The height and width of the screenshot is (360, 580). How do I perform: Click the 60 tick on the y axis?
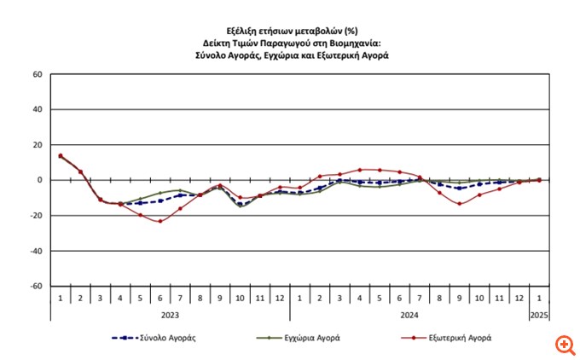[37, 74]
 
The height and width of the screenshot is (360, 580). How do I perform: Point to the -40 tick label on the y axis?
[35, 251]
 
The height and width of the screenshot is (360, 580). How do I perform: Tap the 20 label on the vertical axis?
[37, 145]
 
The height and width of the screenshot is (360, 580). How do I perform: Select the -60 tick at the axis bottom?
[35, 286]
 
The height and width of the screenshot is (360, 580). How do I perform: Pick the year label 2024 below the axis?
[409, 314]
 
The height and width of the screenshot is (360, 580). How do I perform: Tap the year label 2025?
[538, 314]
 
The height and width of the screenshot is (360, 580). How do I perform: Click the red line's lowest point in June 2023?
[159, 221]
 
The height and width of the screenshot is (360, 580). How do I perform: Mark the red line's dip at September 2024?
[460, 204]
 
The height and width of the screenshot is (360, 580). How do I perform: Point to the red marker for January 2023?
[61, 155]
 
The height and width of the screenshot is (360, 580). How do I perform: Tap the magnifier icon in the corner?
[564, 345]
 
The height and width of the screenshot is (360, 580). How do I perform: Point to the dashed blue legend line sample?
[126, 338]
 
